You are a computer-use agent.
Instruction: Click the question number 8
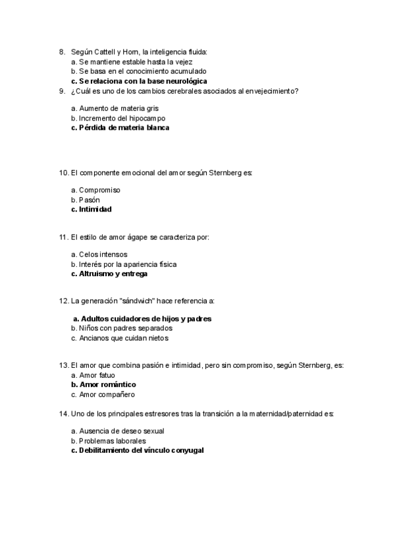pyautogui.click(x=61, y=51)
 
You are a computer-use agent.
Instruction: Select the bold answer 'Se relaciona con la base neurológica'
pyautogui.click(x=139, y=81)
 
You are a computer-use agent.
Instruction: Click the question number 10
pyautogui.click(x=63, y=173)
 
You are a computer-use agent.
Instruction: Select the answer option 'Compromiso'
pyautogui.click(x=99, y=190)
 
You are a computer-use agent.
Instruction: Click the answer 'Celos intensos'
pyautogui.click(x=99, y=254)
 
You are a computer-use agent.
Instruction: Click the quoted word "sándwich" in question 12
pyautogui.click(x=134, y=301)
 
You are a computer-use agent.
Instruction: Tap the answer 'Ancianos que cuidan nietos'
pyautogui.click(x=119, y=338)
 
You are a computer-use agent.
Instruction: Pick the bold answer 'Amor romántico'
pyautogui.click(x=103, y=384)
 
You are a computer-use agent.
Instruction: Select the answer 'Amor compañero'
pyautogui.click(x=103, y=394)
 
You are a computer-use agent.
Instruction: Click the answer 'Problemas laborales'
pyautogui.click(x=109, y=440)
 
